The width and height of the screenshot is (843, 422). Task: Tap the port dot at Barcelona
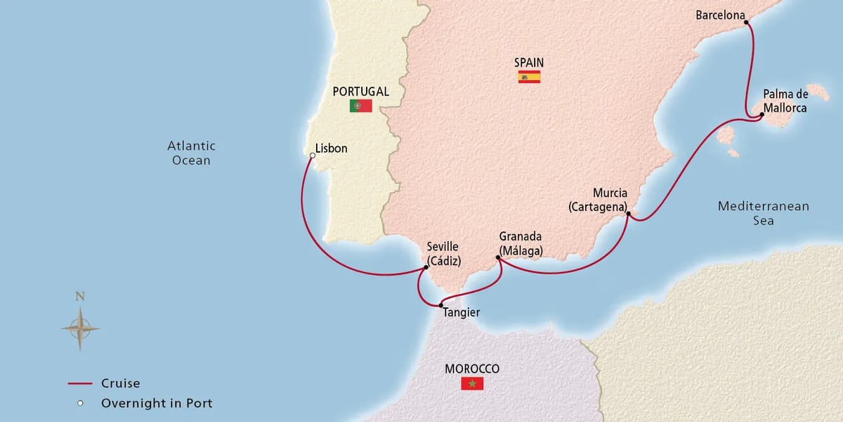pyautogui.click(x=746, y=23)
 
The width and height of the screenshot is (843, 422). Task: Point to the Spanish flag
pyautogui.click(x=529, y=77)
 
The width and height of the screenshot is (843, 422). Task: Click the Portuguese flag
pyautogui.click(x=360, y=106)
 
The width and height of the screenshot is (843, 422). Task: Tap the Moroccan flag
pyautogui.click(x=471, y=383)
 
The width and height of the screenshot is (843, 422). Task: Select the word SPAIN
pyautogui.click(x=529, y=62)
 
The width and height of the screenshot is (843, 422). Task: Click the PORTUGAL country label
pyautogui.click(x=361, y=91)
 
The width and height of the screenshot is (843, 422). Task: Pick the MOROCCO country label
pyautogui.click(x=471, y=369)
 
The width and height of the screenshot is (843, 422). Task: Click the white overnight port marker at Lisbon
pyautogui.click(x=312, y=155)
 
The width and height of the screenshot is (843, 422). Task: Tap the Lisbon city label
pyautogui.click(x=332, y=148)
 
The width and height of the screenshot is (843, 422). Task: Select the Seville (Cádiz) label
pyautogui.click(x=443, y=253)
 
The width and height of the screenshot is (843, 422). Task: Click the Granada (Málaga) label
pyautogui.click(x=521, y=243)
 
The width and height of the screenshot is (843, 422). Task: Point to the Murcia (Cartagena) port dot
pyautogui.click(x=628, y=214)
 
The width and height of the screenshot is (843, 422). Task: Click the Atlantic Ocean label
pyautogui.click(x=191, y=153)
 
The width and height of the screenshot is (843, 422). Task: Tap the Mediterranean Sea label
pyautogui.click(x=763, y=213)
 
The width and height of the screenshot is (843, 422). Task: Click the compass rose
pyautogui.click(x=80, y=327)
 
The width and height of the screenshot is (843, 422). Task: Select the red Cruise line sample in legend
pyautogui.click(x=80, y=383)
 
